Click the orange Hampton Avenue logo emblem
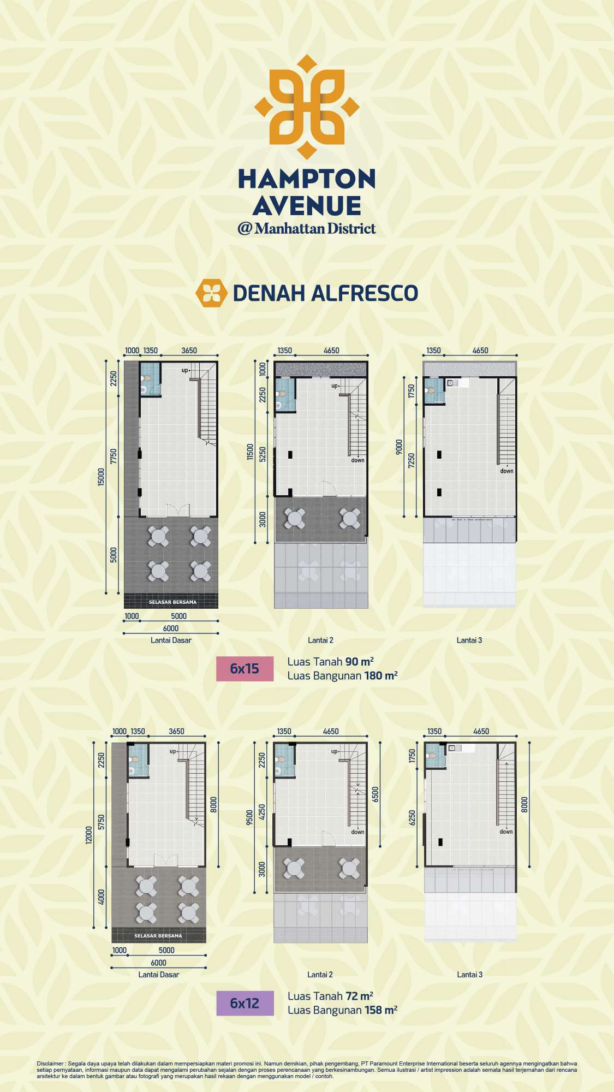click(x=307, y=106)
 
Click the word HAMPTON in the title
click(x=307, y=179)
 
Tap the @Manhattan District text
click(x=307, y=228)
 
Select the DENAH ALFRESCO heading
click(x=325, y=293)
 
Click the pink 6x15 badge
click(x=245, y=669)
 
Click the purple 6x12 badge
click(x=245, y=1003)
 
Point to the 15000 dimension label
click(x=101, y=478)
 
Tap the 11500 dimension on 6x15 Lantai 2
click(x=251, y=452)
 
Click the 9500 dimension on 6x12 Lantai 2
click(x=250, y=817)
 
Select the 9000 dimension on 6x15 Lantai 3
click(x=399, y=447)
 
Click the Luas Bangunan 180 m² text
click(x=343, y=676)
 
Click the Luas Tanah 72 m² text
click(x=331, y=996)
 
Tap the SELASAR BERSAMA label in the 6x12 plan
click(x=158, y=936)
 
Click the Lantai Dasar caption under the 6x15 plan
click(x=171, y=640)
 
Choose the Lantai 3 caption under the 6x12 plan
click(x=470, y=975)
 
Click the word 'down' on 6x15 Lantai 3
click(x=507, y=471)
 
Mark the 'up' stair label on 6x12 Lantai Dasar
click(x=173, y=752)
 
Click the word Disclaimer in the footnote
click(x=50, y=1064)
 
